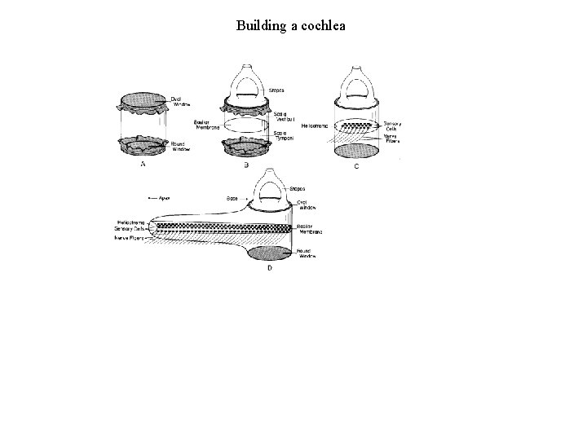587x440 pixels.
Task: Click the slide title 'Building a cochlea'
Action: [291, 25]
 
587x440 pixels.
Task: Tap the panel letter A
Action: [144, 164]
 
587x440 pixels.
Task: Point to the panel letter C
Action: [356, 166]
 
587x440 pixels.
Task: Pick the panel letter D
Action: [270, 267]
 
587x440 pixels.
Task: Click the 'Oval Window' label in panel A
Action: [181, 102]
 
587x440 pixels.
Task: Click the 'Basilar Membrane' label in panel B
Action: [205, 125]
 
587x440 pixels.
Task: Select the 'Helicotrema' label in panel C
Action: [315, 125]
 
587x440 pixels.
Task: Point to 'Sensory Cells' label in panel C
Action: [392, 126]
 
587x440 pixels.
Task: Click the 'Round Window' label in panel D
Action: [307, 253]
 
